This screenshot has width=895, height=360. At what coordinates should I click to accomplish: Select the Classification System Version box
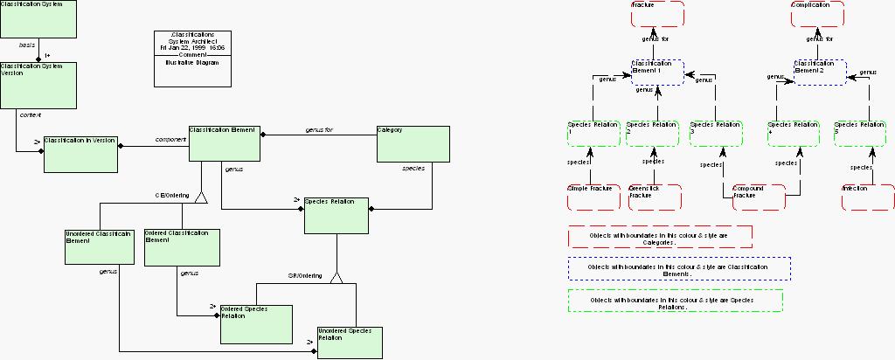point(38,85)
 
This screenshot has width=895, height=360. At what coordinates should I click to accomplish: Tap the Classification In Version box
point(80,154)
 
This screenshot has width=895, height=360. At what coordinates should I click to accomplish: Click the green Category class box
point(413,144)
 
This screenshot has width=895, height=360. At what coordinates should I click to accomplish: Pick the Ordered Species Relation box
point(255,323)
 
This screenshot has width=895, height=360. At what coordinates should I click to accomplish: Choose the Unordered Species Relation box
point(350,343)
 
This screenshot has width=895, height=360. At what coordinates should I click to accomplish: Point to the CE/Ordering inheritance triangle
point(202,197)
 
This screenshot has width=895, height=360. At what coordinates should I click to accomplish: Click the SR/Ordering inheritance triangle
point(336,277)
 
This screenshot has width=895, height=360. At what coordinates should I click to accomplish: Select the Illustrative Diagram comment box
point(193,59)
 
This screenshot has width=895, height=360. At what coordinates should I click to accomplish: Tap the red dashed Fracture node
point(657,14)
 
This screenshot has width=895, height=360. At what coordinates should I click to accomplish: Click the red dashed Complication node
point(817,14)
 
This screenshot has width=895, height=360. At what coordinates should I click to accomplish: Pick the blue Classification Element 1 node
point(657,72)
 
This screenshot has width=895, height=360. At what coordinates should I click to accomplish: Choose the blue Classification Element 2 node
point(820,72)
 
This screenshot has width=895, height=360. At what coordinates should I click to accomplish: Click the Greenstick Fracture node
point(655,197)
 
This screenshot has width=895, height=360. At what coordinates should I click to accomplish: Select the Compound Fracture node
point(758,197)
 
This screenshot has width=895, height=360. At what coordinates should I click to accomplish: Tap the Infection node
point(867,197)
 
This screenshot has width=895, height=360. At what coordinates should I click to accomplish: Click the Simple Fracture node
point(593,197)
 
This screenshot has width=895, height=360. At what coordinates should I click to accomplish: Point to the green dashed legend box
point(675,301)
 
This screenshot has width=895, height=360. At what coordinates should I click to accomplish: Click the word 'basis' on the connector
point(27,43)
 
